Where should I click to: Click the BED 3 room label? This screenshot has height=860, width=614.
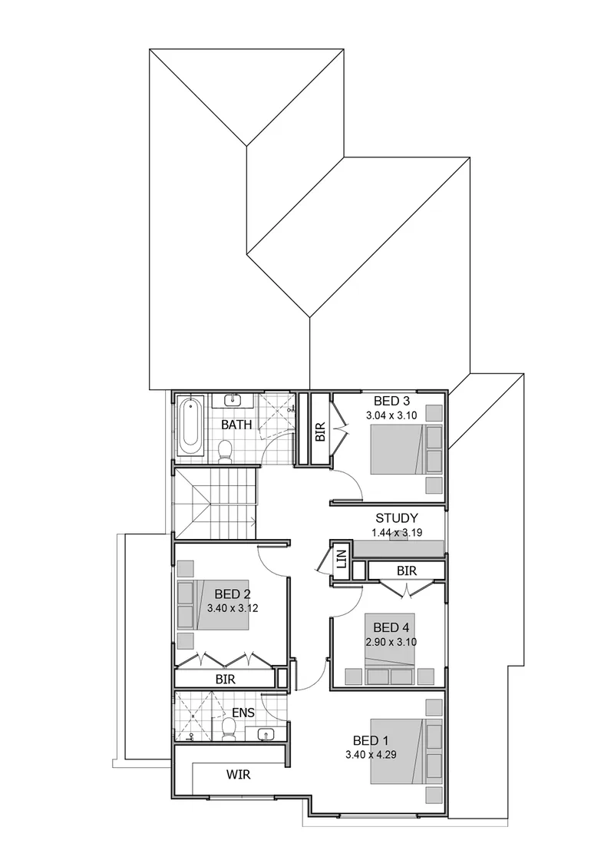click(391, 401)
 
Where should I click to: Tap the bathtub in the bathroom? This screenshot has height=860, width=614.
click(190, 425)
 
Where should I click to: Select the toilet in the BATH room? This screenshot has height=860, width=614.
click(225, 450)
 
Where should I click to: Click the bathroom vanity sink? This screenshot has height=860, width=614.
click(233, 400)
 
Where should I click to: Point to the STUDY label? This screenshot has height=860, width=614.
click(397, 518)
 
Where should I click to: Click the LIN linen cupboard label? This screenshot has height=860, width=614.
click(342, 559)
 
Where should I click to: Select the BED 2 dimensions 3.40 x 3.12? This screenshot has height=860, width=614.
click(233, 607)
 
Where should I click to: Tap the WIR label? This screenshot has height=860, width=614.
click(239, 775)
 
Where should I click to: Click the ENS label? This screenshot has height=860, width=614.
click(243, 713)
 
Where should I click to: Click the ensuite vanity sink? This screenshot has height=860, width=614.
click(266, 734)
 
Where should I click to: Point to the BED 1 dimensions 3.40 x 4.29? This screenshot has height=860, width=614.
click(371, 755)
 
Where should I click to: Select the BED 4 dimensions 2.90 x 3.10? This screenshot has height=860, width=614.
click(391, 642)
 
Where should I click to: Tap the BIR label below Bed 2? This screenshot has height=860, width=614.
click(226, 680)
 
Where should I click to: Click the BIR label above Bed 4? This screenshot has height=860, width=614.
click(407, 571)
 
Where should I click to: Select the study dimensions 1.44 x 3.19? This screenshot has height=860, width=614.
click(396, 533)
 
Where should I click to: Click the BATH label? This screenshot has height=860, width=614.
click(237, 425)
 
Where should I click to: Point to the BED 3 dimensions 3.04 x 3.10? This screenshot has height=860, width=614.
click(391, 415)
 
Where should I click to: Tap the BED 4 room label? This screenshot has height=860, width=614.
click(391, 627)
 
